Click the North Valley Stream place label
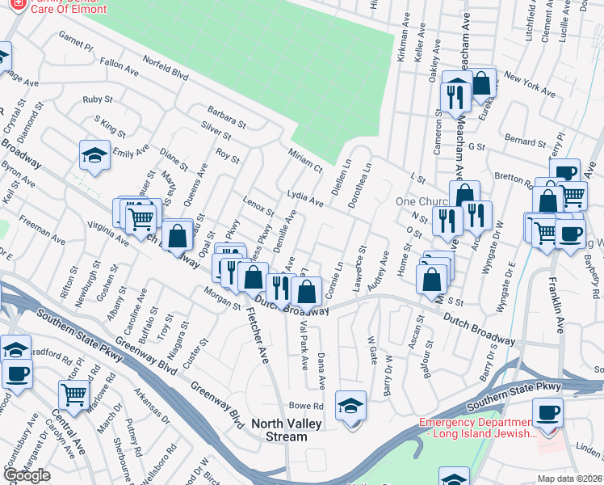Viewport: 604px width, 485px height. [279, 430]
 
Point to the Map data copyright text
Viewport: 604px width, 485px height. [570, 479]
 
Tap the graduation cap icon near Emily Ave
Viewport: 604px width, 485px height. [94, 155]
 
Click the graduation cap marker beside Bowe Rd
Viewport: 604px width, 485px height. [350, 405]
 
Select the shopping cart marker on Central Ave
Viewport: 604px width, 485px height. [73, 395]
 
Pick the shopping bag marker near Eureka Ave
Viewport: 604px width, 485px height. [481, 82]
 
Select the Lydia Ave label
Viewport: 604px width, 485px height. [305, 199]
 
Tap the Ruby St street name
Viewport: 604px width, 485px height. [98, 100]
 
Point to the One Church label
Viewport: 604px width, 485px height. [416, 201]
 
